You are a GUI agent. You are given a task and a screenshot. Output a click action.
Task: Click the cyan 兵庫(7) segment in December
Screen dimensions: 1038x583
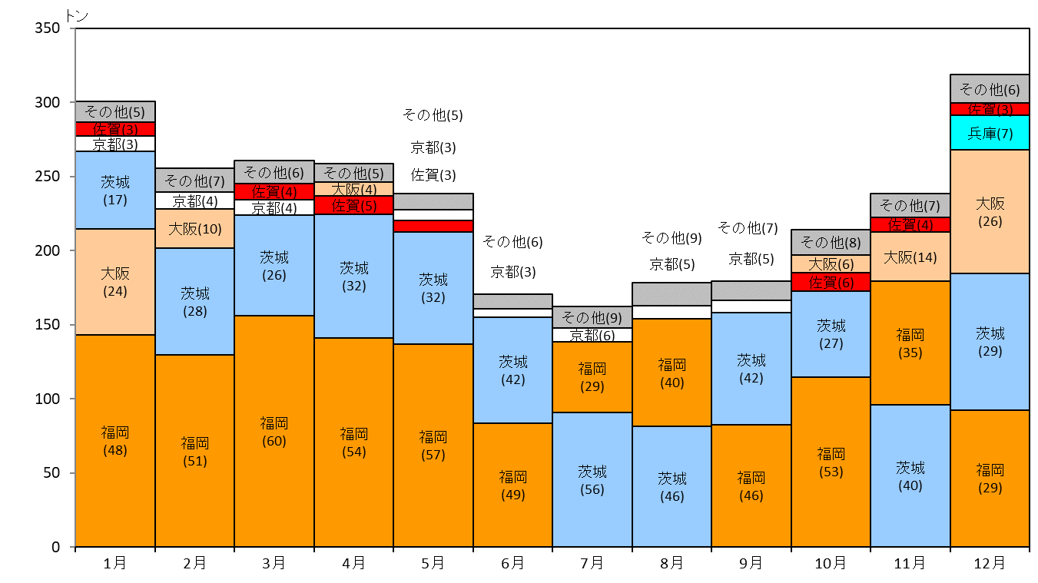pyautogui.click(x=990, y=133)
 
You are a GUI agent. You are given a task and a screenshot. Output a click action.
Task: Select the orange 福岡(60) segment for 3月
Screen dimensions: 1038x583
pyautogui.click(x=274, y=432)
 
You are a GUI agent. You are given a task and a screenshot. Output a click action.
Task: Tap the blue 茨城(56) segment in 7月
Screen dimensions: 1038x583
pyautogui.click(x=592, y=479)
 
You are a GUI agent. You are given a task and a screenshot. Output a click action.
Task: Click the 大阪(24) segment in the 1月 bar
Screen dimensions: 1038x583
pyautogui.click(x=115, y=282)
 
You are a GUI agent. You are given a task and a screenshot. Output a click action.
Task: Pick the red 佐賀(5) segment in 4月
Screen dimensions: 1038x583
pyautogui.click(x=353, y=205)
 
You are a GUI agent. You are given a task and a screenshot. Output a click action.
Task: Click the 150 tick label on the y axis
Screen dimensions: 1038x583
pyautogui.click(x=48, y=324)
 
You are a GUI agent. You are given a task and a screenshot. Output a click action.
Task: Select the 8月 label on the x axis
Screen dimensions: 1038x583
pyautogui.click(x=672, y=563)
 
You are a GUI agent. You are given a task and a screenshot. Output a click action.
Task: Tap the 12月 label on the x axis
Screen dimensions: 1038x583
pyautogui.click(x=990, y=563)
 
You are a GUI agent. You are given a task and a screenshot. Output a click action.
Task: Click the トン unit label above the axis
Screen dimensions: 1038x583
pyautogui.click(x=77, y=16)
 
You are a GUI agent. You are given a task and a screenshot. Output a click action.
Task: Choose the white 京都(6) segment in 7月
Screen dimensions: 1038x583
pyautogui.click(x=592, y=335)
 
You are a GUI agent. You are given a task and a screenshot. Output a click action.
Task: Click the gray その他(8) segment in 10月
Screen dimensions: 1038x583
pyautogui.click(x=831, y=243)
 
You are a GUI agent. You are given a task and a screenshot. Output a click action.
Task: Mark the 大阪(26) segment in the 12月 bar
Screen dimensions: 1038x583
pyautogui.click(x=990, y=212)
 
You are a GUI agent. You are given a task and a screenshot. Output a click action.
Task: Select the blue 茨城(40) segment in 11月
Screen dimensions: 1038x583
pyautogui.click(x=910, y=476)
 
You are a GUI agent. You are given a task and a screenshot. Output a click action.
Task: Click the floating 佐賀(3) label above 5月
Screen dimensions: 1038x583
pyautogui.click(x=433, y=175)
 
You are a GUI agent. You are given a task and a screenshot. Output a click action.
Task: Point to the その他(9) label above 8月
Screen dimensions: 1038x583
pyautogui.click(x=672, y=238)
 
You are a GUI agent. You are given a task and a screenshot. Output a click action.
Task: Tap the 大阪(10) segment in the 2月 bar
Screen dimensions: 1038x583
pyautogui.click(x=194, y=228)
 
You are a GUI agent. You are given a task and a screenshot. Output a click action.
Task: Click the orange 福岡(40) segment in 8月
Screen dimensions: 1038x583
pyautogui.click(x=672, y=373)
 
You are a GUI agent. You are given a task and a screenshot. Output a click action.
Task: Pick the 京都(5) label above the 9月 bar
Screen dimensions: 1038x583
pyautogui.click(x=751, y=259)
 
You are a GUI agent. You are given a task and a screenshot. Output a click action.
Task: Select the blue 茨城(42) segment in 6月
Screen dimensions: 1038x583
pyautogui.click(x=512, y=370)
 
